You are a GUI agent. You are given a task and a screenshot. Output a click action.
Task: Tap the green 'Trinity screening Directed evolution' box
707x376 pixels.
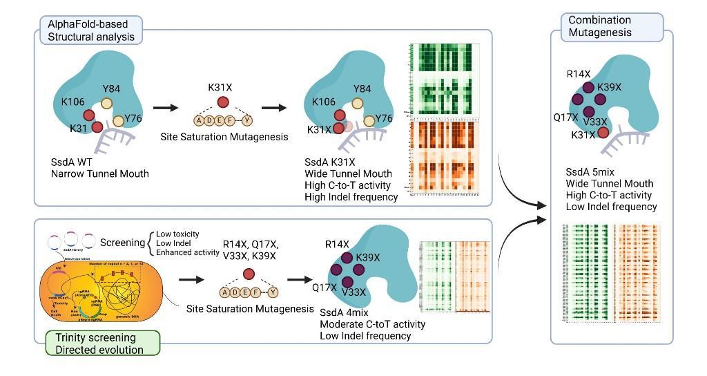coord(102,344)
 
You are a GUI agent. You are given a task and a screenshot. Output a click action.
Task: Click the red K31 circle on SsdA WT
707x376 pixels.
coord(97,126)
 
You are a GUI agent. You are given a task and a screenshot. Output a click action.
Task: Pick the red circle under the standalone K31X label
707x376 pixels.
coord(223,103)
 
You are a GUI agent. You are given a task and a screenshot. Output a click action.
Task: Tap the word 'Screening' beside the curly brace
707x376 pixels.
coord(122,243)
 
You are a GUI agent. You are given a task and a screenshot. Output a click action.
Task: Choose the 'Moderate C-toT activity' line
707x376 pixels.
coord(372,323)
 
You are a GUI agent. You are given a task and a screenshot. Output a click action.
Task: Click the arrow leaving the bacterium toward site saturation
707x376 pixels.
coord(191,280)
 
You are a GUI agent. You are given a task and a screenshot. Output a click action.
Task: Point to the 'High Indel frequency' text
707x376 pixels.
coord(351,197)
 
